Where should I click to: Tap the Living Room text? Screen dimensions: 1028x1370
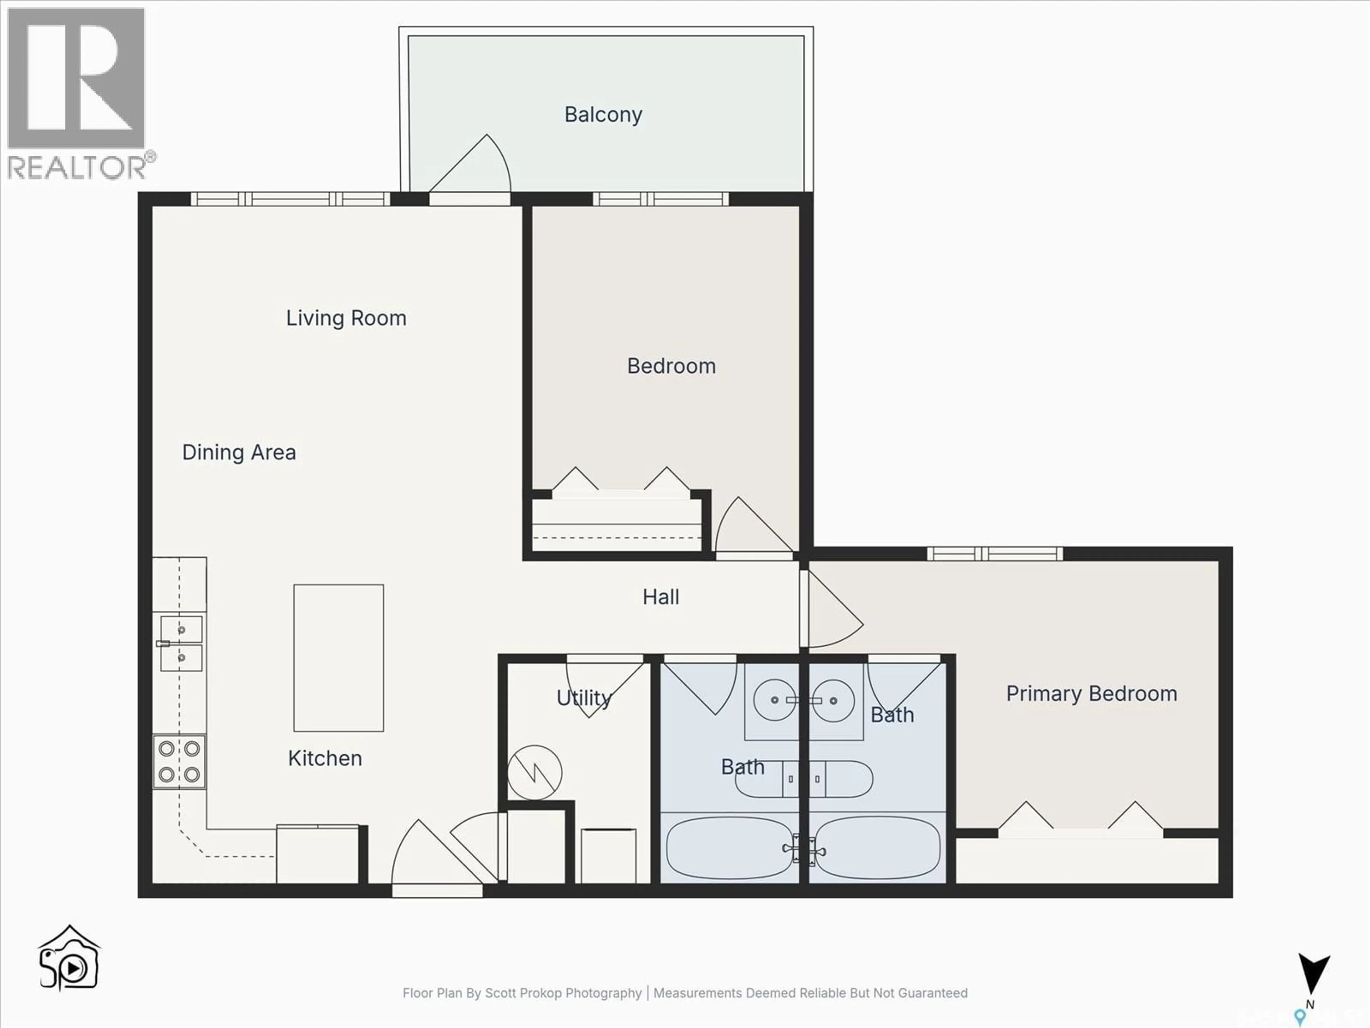(346, 318)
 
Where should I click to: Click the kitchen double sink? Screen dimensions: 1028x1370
(181, 643)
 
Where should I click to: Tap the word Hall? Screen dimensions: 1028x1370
(660, 597)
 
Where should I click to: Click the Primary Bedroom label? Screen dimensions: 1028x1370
(1091, 694)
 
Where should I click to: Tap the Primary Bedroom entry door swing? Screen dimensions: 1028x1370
(833, 610)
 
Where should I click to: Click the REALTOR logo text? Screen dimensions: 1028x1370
(77, 167)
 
